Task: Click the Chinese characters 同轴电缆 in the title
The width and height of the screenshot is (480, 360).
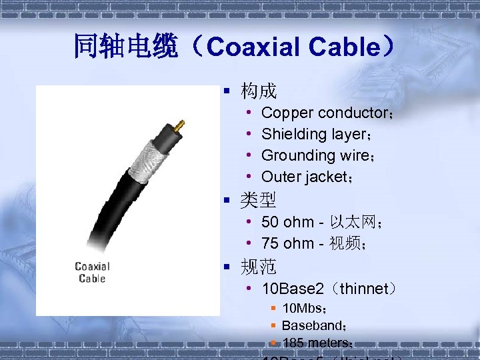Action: tap(126, 47)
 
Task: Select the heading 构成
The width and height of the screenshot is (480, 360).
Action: tap(259, 91)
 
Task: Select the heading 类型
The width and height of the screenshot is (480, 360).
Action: tap(259, 199)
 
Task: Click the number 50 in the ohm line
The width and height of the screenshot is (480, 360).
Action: tap(270, 222)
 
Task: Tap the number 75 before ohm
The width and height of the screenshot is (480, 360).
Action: tap(270, 243)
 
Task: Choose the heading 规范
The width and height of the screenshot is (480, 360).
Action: tap(259, 267)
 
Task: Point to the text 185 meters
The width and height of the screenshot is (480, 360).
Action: tap(316, 343)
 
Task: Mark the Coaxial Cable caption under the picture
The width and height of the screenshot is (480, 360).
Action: tap(92, 272)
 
